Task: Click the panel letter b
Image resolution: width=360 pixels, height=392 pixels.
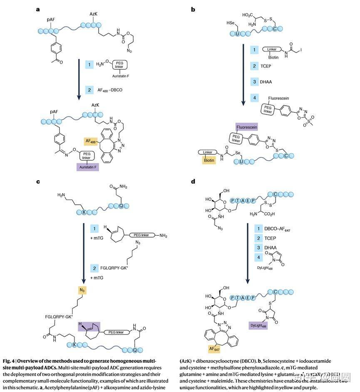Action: pyautogui.click(x=193, y=9)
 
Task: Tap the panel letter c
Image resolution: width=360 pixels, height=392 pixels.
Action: pyautogui.click(x=38, y=181)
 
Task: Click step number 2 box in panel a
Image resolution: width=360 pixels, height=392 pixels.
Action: pyautogui.click(x=89, y=89)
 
